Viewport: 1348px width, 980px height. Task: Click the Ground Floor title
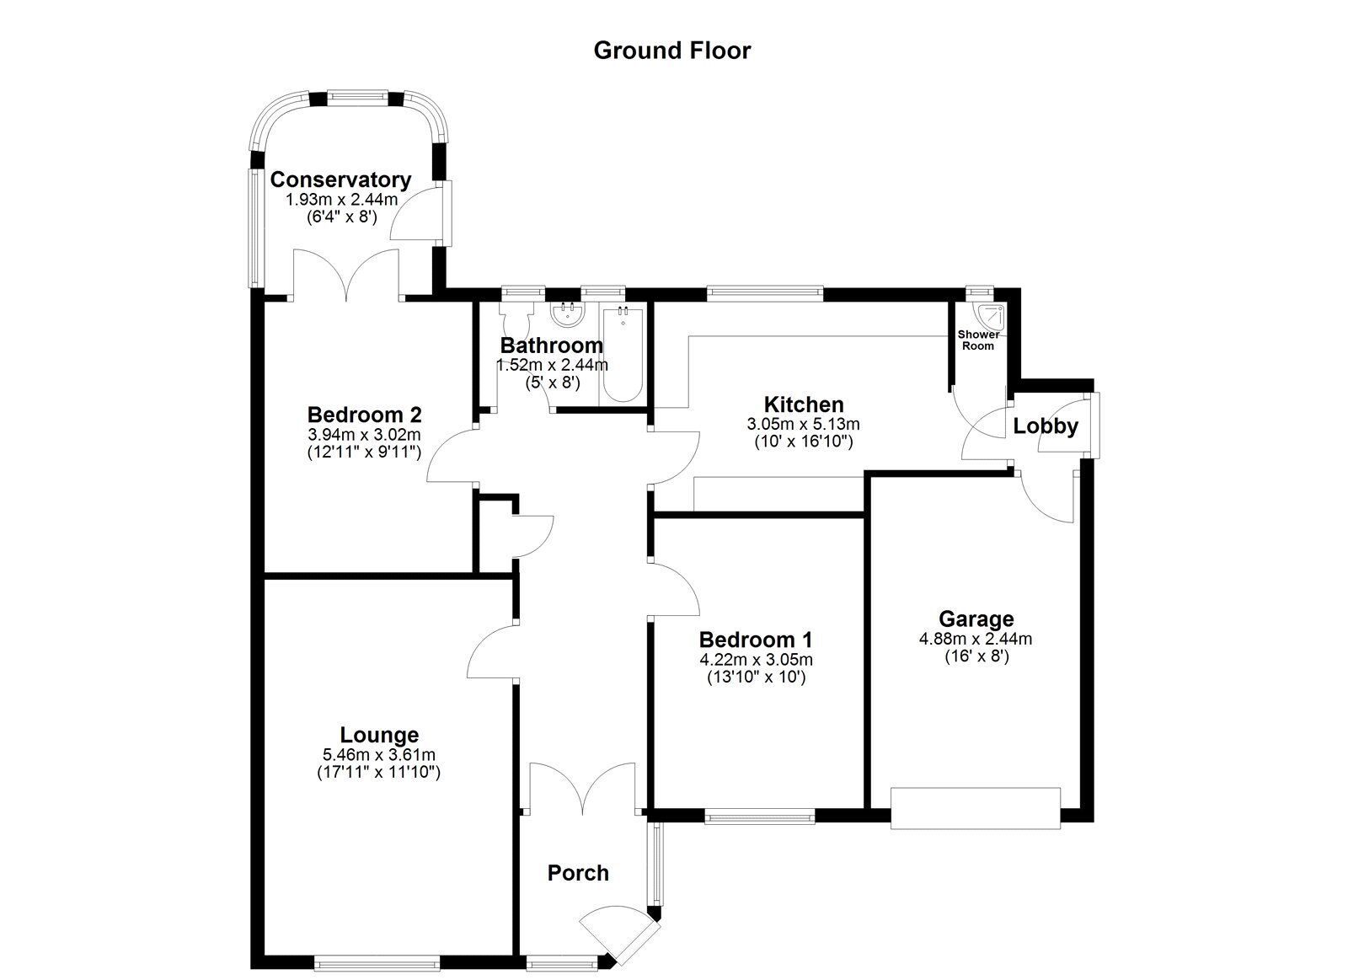[x=671, y=51]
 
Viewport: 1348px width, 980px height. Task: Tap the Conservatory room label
[x=340, y=179]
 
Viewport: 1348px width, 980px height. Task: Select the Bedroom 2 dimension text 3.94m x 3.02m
[x=364, y=434]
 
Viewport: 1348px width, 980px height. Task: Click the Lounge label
[x=379, y=735]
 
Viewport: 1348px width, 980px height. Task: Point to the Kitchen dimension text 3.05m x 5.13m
[x=804, y=424]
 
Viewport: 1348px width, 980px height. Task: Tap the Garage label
[x=976, y=619]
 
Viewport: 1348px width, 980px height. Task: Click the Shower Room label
[x=978, y=340]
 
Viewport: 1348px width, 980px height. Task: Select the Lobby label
[x=1046, y=426]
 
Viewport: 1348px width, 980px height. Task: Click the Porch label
[x=578, y=873]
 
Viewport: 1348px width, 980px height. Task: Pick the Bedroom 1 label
[x=756, y=640]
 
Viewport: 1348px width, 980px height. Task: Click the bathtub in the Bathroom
[x=623, y=354]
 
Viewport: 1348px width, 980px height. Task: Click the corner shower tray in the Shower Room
[x=991, y=315]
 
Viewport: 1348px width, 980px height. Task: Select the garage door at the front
[x=975, y=808]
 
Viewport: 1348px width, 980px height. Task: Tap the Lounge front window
[x=377, y=963]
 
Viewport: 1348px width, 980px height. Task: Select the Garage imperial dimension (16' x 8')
[x=976, y=656]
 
